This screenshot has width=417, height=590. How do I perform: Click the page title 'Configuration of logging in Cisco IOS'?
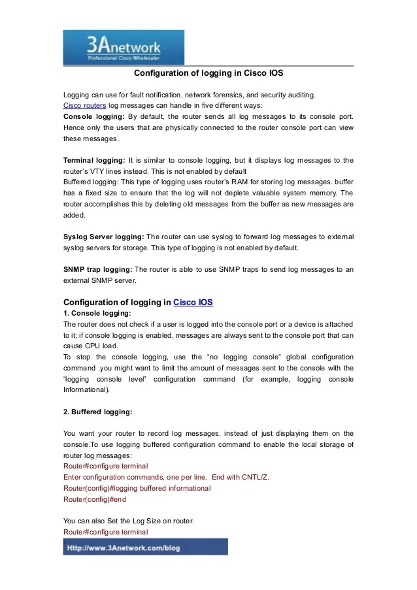coord(208,73)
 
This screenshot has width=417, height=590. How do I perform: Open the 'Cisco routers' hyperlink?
coord(84,105)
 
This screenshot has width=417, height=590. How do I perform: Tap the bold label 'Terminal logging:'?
coord(94,160)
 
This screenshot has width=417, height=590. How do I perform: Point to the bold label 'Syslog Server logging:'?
coord(104,237)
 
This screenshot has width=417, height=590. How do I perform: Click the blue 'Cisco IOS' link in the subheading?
coord(193,303)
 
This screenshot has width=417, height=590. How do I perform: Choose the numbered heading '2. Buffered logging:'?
coord(98,412)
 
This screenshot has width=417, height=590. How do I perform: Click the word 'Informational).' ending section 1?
coord(87,390)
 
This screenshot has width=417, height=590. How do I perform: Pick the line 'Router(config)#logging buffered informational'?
coord(137,488)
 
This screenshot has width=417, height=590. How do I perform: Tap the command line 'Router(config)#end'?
coord(95,499)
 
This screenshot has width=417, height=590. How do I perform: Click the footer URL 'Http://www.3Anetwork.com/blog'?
coord(124,548)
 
